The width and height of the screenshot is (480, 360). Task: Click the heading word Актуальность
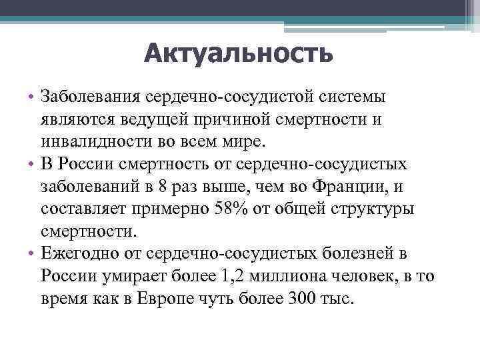pos(239,53)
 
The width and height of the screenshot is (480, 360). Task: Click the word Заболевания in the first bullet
pos(88,97)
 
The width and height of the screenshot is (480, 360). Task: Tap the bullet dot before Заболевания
pos(31,97)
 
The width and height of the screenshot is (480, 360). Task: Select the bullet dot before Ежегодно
pos(31,254)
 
